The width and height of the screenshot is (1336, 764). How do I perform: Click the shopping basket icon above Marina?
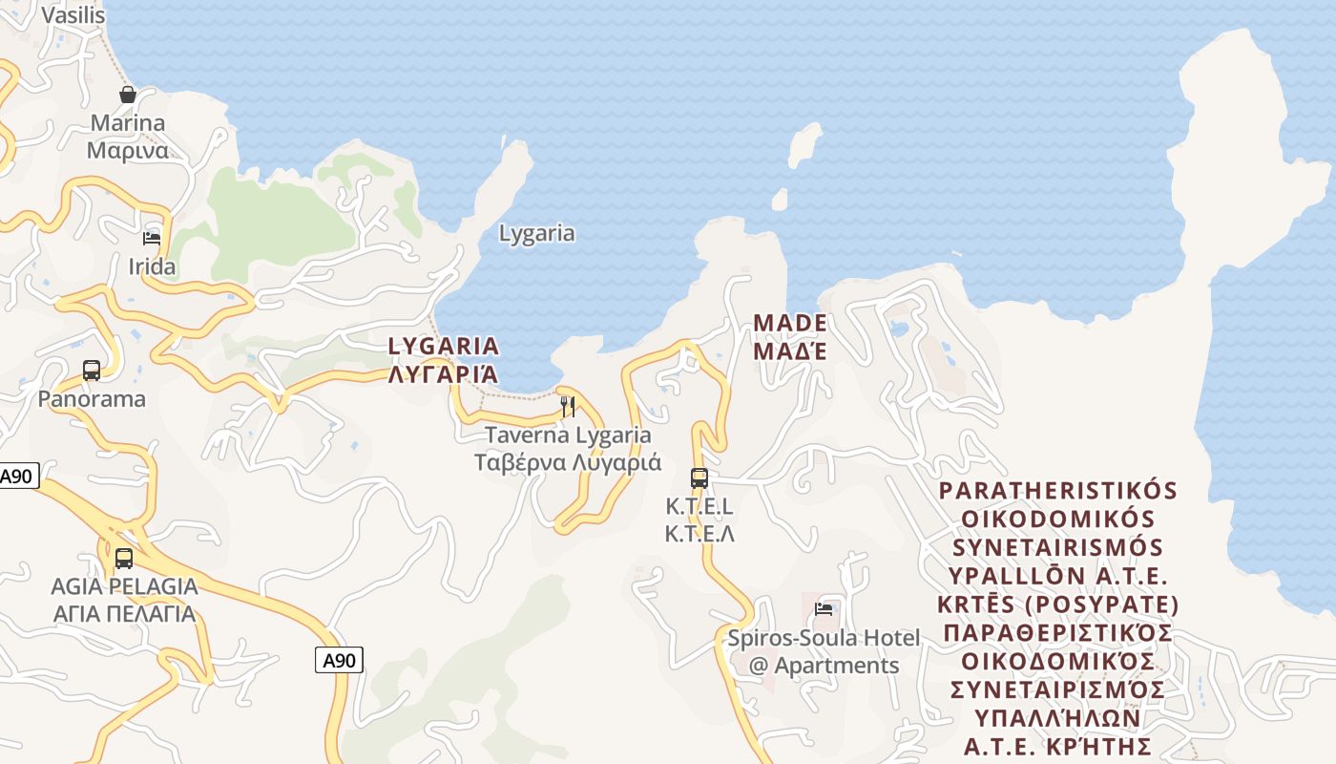pyautogui.click(x=127, y=95)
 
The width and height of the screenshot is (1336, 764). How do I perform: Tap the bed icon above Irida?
pyautogui.click(x=152, y=238)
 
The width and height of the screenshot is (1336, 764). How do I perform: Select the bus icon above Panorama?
pyautogui.click(x=92, y=370)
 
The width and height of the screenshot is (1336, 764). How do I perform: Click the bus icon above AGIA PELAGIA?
pyautogui.click(x=124, y=558)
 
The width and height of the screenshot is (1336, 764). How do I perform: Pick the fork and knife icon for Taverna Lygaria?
pyautogui.click(x=568, y=407)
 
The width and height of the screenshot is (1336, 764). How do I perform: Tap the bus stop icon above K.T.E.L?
pyautogui.click(x=699, y=477)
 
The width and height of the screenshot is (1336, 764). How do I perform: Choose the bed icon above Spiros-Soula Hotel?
pyautogui.click(x=824, y=609)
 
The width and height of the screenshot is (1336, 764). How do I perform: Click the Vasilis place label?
pyautogui.click(x=73, y=15)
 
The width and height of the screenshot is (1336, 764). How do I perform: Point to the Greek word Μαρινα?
pyautogui.click(x=127, y=151)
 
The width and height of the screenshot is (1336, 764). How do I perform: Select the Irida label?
pyautogui.click(x=152, y=266)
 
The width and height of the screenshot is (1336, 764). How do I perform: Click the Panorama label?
pyautogui.click(x=92, y=399)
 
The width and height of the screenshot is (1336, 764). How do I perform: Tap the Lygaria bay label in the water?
pyautogui.click(x=537, y=233)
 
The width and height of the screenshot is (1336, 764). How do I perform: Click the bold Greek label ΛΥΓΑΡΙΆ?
pyautogui.click(x=444, y=374)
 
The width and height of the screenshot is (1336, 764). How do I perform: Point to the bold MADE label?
pyautogui.click(x=790, y=323)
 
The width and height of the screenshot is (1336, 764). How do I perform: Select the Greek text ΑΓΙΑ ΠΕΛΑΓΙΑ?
pyautogui.click(x=124, y=613)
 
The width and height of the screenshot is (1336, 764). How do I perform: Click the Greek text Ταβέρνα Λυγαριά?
pyautogui.click(x=568, y=463)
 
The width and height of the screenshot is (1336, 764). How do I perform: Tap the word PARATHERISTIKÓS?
pyautogui.click(x=1058, y=491)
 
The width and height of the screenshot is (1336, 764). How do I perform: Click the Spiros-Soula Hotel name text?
pyautogui.click(x=824, y=638)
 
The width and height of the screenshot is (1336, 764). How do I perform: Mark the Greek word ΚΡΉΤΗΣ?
pyautogui.click(x=1111, y=747)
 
